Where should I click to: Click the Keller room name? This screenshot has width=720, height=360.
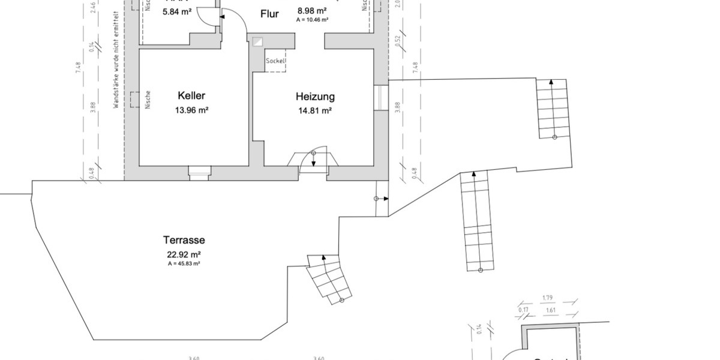[191, 96]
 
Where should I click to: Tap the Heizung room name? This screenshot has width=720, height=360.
[315, 97]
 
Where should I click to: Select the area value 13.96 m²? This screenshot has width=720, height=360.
[191, 110]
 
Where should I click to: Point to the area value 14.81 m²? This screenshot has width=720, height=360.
[315, 110]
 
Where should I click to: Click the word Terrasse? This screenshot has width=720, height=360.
[184, 240]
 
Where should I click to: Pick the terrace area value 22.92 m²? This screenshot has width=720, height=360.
[184, 254]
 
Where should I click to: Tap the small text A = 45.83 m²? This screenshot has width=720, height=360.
[184, 263]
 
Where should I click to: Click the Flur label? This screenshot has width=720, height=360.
[269, 14]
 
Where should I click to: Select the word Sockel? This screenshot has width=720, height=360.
[275, 61]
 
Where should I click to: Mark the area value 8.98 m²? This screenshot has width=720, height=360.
[312, 10]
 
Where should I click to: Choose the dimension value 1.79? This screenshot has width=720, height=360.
[547, 298]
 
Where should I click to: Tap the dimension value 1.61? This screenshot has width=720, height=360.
[551, 310]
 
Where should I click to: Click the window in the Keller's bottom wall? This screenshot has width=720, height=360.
[199, 172]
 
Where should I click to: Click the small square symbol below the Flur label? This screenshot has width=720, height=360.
[258, 42]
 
